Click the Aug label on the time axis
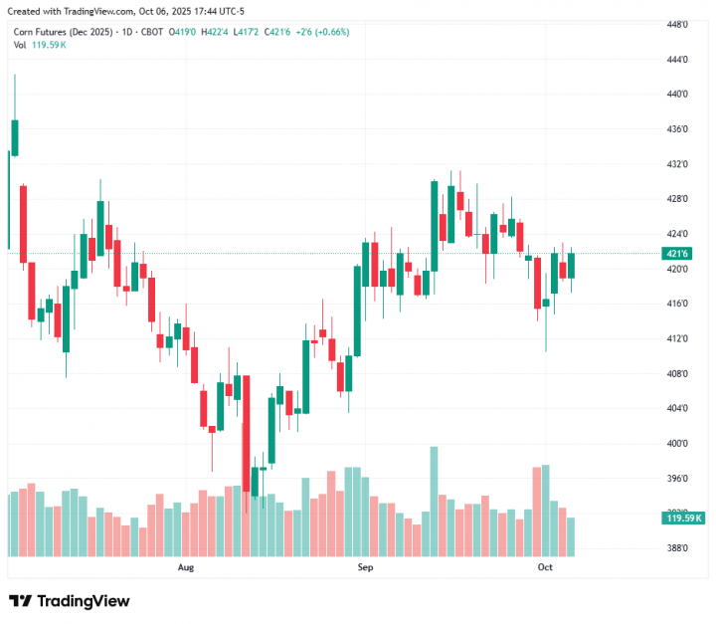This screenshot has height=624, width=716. point(185,567)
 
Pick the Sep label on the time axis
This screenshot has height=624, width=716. point(365,567)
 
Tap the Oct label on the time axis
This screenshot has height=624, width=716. point(545,567)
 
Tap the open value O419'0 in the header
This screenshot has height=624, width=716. point(182,32)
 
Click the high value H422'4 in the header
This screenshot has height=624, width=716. point(216,32)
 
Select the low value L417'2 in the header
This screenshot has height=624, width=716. point(248,32)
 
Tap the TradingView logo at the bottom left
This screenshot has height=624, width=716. point(69,601)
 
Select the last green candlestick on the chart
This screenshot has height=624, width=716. point(572,265)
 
